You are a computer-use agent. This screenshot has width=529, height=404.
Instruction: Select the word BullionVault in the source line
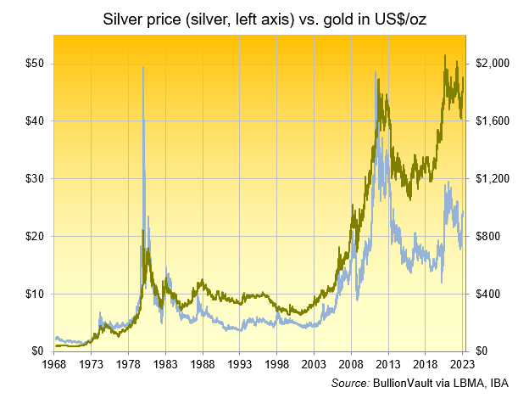click(x=403, y=384)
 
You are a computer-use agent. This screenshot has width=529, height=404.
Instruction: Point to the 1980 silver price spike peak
click(x=142, y=67)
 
